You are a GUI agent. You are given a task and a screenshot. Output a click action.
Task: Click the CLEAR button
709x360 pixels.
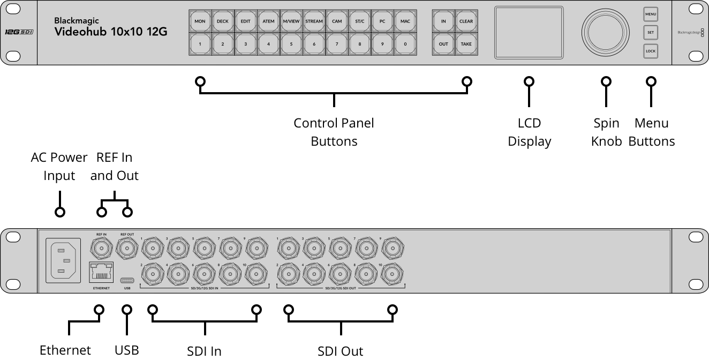(466, 21)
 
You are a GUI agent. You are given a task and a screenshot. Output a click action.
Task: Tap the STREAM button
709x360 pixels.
(314, 21)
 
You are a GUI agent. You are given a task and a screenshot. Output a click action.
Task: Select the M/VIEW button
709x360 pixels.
(291, 21)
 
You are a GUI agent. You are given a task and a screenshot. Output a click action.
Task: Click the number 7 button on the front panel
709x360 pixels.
(337, 44)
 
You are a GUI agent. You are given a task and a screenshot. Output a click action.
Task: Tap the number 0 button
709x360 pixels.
(405, 44)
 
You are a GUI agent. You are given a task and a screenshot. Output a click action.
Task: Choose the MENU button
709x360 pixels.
(651, 14)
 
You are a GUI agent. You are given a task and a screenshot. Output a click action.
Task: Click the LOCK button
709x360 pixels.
(651, 51)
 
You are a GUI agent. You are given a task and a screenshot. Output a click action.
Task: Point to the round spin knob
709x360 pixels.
(606, 32)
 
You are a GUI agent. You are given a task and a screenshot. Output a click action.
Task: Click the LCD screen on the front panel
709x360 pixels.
(529, 32)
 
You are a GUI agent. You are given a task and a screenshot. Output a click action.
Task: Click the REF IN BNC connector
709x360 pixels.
(101, 247)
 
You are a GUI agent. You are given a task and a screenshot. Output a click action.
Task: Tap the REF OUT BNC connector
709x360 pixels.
(127, 247)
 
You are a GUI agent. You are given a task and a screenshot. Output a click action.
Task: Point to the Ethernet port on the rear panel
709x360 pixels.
(101, 273)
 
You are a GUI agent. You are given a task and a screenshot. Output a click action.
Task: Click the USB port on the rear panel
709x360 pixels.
(127, 280)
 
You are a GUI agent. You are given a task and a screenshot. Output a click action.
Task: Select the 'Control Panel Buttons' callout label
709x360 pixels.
(334, 132)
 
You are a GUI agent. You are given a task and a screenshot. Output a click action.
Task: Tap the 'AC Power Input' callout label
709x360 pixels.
(59, 166)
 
